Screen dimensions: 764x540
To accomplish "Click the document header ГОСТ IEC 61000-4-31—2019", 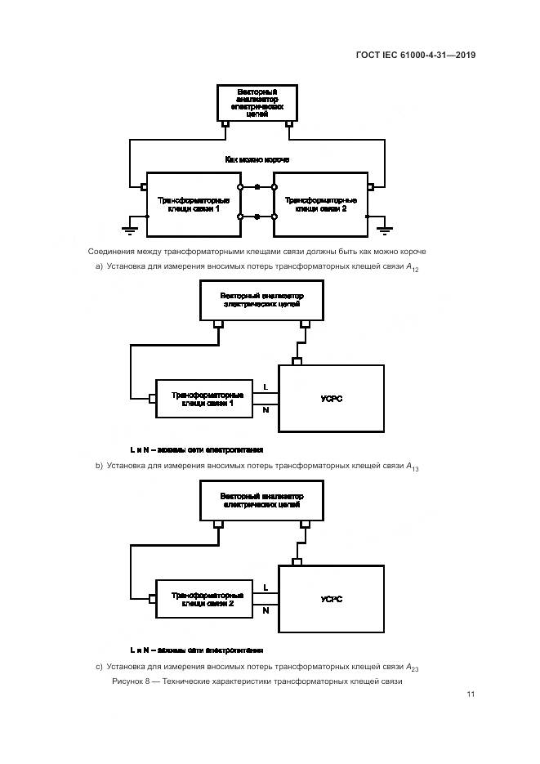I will click(x=416, y=56).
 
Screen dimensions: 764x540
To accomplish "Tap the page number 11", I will click(x=471, y=695).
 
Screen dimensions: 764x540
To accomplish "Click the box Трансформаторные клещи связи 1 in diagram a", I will click(x=193, y=204).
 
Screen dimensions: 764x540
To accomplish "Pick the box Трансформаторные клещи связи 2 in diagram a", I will click(x=320, y=204).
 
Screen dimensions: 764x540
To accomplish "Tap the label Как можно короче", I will click(x=257, y=159).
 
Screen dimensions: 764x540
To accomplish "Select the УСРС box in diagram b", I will click(x=332, y=398).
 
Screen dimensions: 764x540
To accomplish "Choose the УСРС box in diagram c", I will click(x=332, y=599).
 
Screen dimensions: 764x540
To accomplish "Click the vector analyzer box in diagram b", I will click(x=261, y=300).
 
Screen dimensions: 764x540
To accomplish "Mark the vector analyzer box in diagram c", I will click(x=261, y=500).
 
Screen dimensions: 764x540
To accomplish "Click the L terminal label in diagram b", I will click(x=266, y=386).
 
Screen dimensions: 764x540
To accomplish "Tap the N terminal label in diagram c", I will click(x=266, y=610).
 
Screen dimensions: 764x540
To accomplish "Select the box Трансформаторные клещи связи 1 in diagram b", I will click(x=204, y=399).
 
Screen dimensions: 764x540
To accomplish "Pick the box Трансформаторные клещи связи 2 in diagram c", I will click(x=204, y=599).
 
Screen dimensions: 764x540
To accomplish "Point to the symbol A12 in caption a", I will click(x=412, y=267).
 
